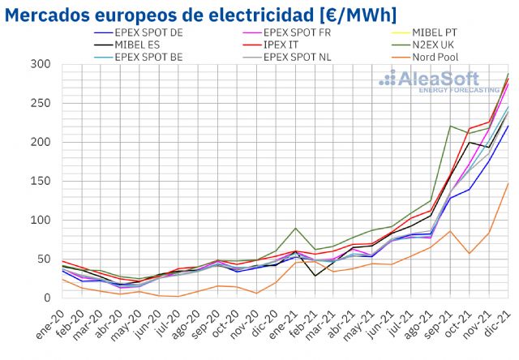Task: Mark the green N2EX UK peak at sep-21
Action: point(450,126)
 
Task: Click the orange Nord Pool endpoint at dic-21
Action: point(508,182)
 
